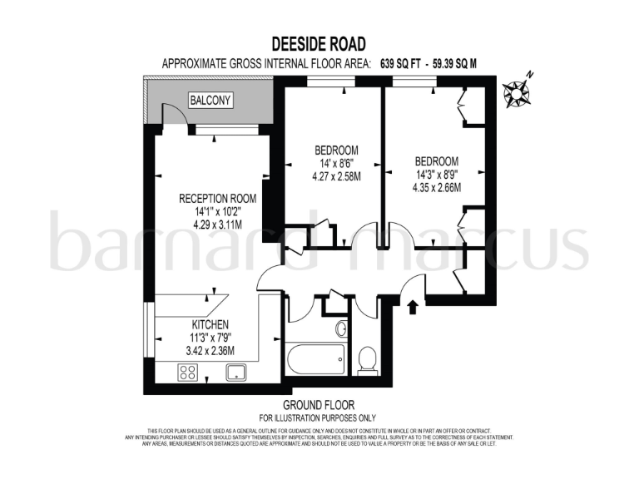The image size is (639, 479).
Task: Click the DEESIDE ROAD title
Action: [x=319, y=43]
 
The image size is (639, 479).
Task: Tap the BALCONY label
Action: [x=211, y=101]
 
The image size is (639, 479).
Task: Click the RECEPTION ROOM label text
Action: [x=218, y=199]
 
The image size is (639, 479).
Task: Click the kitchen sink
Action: [x=235, y=372]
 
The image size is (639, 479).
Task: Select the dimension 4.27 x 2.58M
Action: [x=336, y=176]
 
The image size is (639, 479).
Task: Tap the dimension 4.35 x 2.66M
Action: [x=436, y=187]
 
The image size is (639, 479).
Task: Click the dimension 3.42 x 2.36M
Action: [x=210, y=350]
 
